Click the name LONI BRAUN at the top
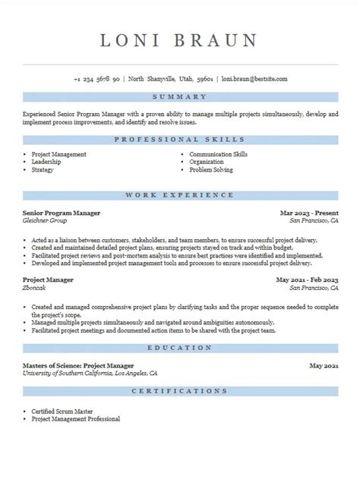point(180,40)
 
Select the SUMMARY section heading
point(180,97)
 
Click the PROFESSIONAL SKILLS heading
point(180,140)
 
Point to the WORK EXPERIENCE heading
point(180,195)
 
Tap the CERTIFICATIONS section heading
point(180,390)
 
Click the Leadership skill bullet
point(47,162)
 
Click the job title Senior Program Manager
point(62,213)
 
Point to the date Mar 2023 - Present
point(309,213)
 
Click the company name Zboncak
point(36,288)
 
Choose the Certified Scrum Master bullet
point(60,411)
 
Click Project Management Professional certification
point(75,418)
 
